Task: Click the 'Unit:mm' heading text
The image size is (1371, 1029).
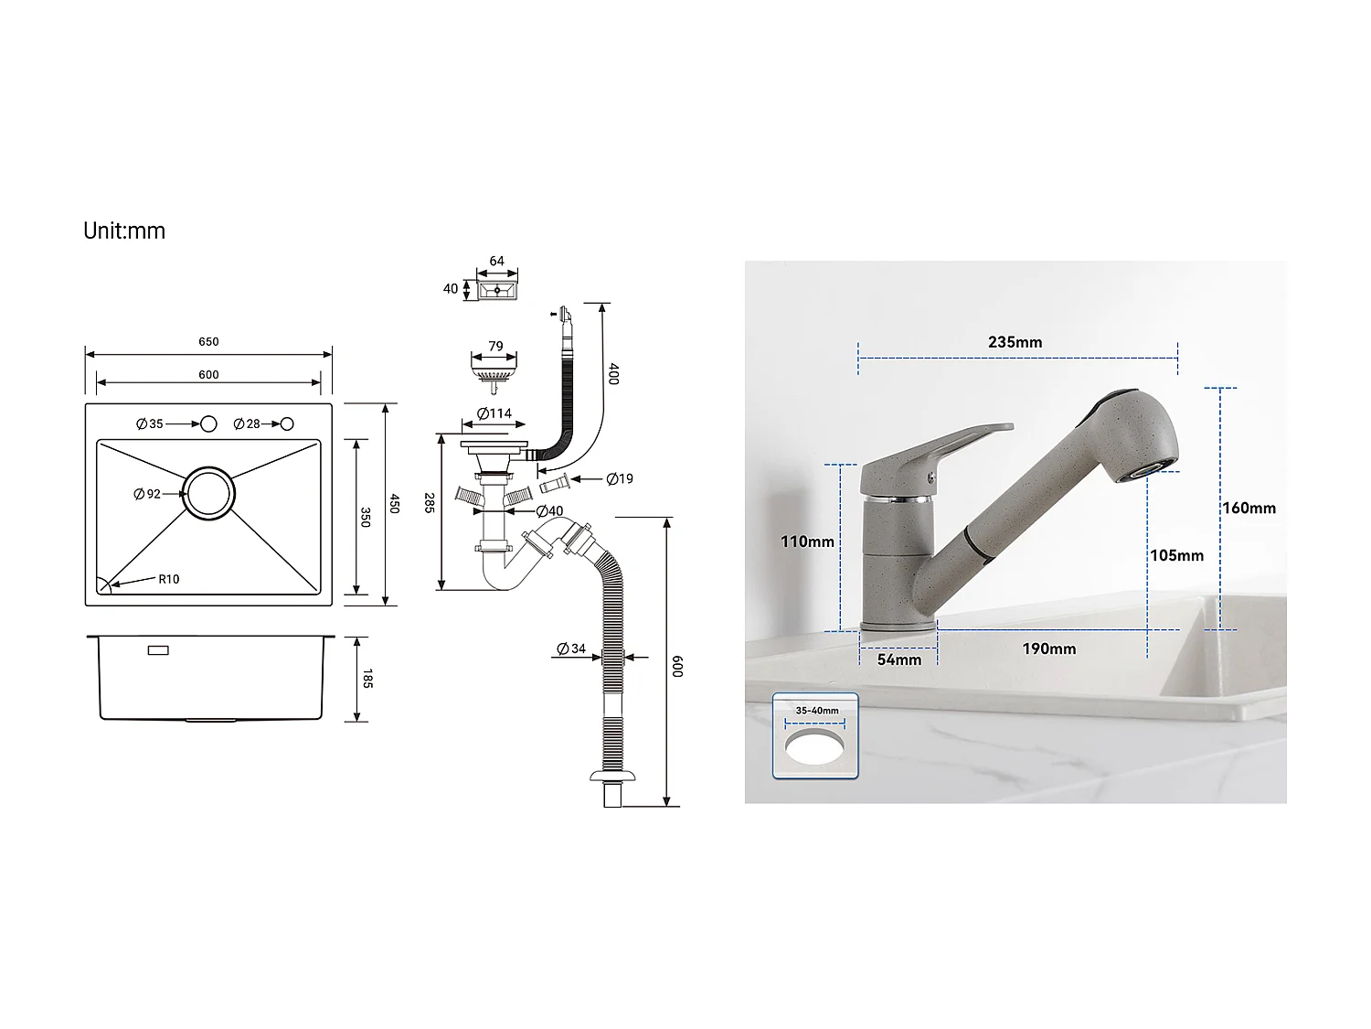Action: [x=124, y=230]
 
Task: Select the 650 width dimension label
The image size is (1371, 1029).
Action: [x=208, y=342]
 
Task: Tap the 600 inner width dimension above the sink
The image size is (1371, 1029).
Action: [x=208, y=375]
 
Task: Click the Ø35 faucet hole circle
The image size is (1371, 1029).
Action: [x=208, y=423]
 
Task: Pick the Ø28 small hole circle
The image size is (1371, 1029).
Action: [x=287, y=423]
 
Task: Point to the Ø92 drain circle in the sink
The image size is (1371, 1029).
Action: [x=209, y=494]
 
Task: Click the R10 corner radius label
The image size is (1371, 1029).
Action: [x=168, y=579]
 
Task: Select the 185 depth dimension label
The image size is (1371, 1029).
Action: [x=367, y=679]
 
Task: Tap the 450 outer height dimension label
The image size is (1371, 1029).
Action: [x=395, y=503]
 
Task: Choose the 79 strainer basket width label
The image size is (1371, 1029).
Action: [x=495, y=347]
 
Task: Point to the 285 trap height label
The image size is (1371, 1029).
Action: [x=429, y=502]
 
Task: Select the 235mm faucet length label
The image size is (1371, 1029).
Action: [x=1015, y=342]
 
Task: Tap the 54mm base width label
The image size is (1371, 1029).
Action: [x=899, y=659]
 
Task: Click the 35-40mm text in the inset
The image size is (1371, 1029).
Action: [x=816, y=711]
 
